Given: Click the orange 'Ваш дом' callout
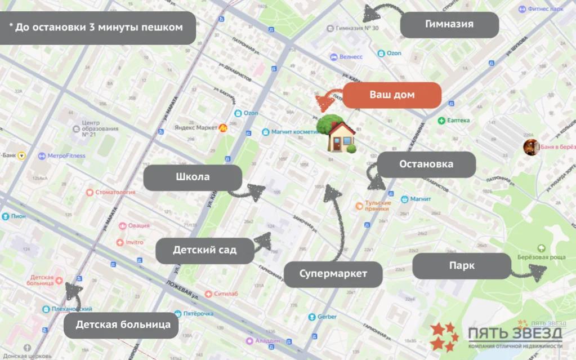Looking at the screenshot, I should pyautogui.click(x=392, y=95).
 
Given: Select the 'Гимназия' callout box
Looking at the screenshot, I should pyautogui.click(x=449, y=25).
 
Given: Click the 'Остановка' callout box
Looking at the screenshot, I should pyautogui.click(x=426, y=165).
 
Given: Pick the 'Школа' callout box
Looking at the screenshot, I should pyautogui.click(x=193, y=177).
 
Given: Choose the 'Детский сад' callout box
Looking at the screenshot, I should pyautogui.click(x=204, y=250).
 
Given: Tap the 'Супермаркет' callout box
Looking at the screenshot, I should pyautogui.click(x=333, y=274).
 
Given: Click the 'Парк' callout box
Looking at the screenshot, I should pyautogui.click(x=462, y=266).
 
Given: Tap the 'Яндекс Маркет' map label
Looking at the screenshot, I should pyautogui.click(x=196, y=128).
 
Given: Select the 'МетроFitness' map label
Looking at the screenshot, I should pyautogui.click(x=66, y=156).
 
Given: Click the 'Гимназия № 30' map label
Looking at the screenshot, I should pyautogui.click(x=357, y=28).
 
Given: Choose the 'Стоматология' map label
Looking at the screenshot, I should pyautogui.click(x=114, y=192).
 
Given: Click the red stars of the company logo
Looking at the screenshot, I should pyautogui.click(x=445, y=336).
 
